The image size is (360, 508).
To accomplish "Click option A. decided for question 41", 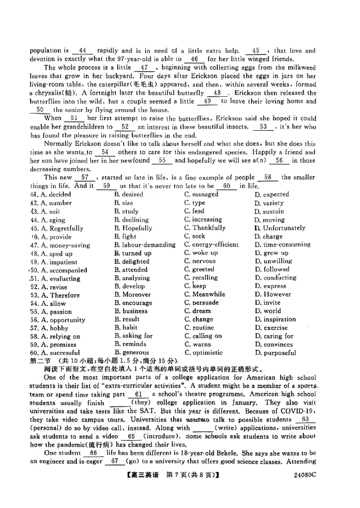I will pyautogui.click(x=50, y=195).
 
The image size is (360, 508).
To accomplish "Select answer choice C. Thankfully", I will pyautogui.click(x=205, y=228).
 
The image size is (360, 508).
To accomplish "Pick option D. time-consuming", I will pyautogui.click(x=282, y=245).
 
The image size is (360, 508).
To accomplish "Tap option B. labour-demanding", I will pyautogui.click(x=145, y=245).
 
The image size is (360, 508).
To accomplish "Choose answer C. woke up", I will pyautogui.click(x=201, y=253).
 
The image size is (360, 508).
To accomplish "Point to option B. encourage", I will pyautogui.click(x=133, y=303).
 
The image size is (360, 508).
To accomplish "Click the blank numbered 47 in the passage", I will pyautogui.click(x=144, y=67).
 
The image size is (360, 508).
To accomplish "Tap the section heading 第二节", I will pyautogui.click(x=40, y=361).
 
